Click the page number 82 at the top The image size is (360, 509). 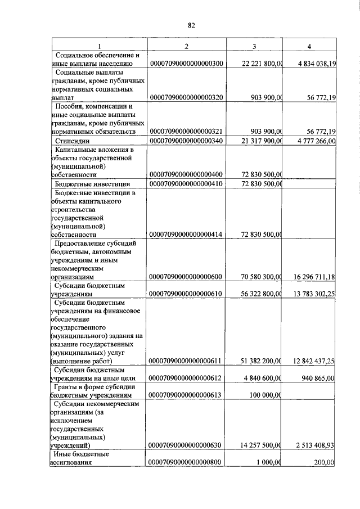pyautogui.click(x=191, y=25)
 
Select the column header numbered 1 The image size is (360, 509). pyautogui.click(x=100, y=45)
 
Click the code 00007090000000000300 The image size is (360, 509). pyautogui.click(x=187, y=64)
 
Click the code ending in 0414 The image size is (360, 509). pyautogui.click(x=187, y=234)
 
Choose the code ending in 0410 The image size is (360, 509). pyautogui.click(x=187, y=183)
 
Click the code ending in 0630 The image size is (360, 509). pyautogui.click(x=187, y=445)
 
